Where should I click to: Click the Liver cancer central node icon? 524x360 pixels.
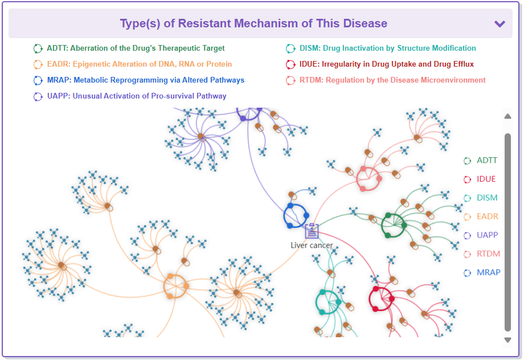click(x=312, y=231)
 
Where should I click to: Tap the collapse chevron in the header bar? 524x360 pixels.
click(x=500, y=24)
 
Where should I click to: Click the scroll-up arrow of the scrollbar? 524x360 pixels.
click(x=507, y=117)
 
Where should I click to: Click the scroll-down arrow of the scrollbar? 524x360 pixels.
click(x=507, y=340)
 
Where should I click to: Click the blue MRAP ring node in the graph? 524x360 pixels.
click(x=296, y=215)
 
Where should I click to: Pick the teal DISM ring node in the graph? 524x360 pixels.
click(x=328, y=301)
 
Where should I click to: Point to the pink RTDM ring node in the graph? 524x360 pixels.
click(x=369, y=179)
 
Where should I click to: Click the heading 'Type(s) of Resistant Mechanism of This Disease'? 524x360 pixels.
click(x=253, y=24)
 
